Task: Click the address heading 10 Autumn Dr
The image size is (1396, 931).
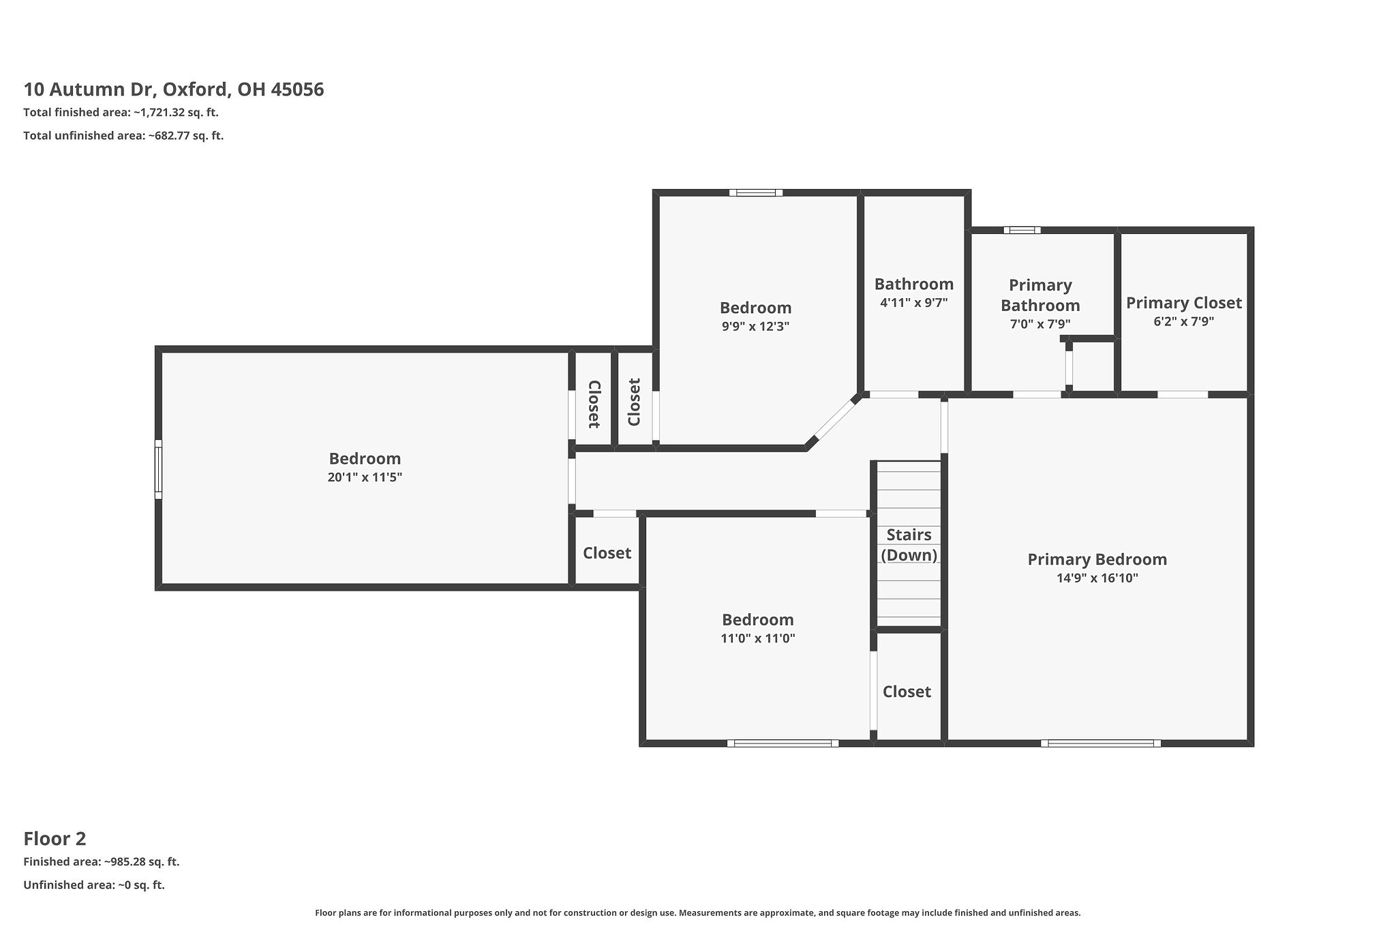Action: click(173, 89)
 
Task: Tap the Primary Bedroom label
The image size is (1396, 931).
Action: click(1097, 559)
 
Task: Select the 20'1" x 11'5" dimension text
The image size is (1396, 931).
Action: click(365, 477)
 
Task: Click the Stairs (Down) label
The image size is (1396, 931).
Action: click(909, 544)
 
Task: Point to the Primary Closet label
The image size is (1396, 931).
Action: click(1183, 303)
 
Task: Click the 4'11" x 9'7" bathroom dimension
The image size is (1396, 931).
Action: click(913, 302)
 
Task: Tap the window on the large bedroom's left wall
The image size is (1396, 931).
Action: click(158, 469)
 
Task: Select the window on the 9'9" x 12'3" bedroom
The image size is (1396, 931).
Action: click(755, 193)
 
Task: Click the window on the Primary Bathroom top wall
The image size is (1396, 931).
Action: click(1021, 230)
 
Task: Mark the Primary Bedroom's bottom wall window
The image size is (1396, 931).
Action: click(1100, 743)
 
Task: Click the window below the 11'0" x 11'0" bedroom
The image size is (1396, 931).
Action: click(783, 743)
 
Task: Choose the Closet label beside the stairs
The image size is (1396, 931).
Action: click(907, 692)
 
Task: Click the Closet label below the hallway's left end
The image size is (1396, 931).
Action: click(607, 552)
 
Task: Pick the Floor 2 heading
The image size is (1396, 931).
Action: click(55, 838)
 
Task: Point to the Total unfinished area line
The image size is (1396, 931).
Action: click(123, 136)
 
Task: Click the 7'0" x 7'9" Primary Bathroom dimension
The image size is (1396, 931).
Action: click(1040, 325)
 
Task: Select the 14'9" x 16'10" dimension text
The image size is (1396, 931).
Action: click(1097, 578)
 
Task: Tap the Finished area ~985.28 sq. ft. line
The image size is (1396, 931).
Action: click(101, 861)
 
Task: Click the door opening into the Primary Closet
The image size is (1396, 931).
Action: click(1183, 394)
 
